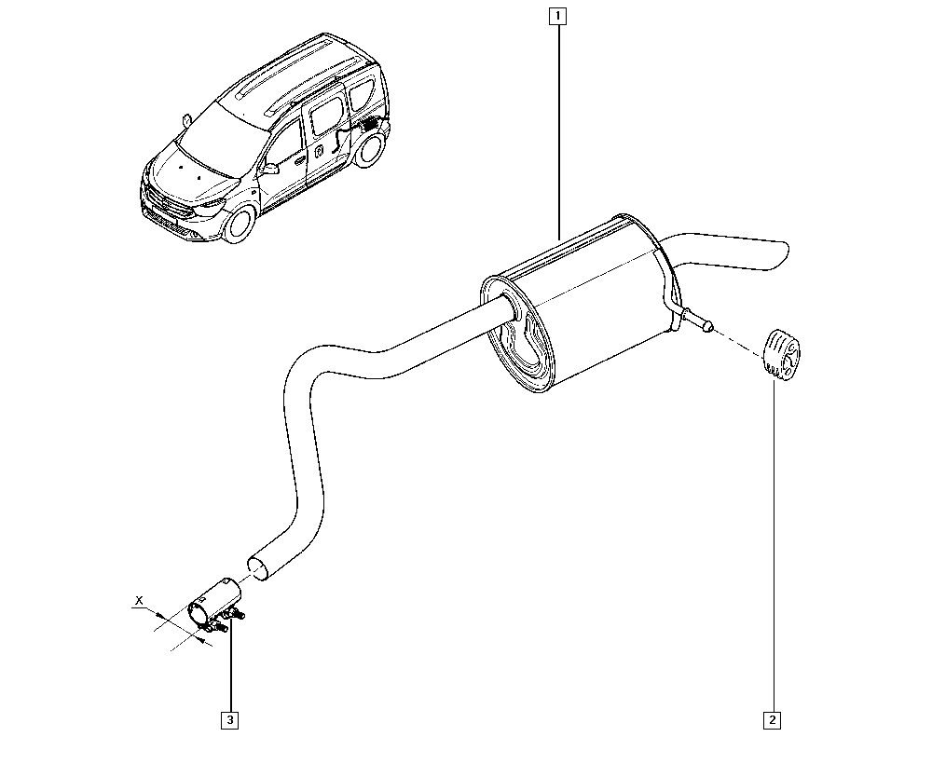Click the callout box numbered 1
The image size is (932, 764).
click(x=557, y=16)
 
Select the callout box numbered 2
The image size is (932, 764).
click(x=772, y=720)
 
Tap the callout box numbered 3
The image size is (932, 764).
click(x=229, y=720)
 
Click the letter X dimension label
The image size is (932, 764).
click(x=139, y=601)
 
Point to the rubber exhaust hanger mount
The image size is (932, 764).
click(x=780, y=355)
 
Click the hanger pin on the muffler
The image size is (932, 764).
click(x=698, y=320)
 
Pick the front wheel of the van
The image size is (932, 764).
click(x=240, y=224)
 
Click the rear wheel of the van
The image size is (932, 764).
click(x=369, y=149)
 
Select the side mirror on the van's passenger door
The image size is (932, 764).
click(x=270, y=168)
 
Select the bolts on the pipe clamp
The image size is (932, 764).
click(x=230, y=620)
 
